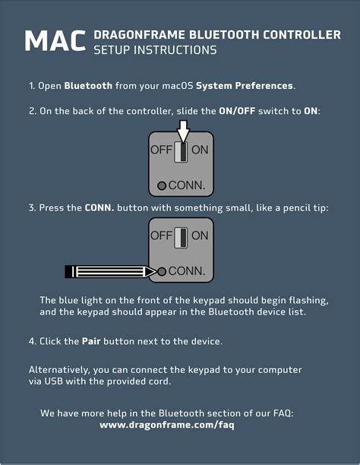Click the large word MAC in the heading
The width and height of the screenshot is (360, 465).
point(55,41)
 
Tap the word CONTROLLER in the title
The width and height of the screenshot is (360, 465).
point(302,35)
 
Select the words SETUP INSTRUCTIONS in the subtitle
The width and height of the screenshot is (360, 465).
point(155,50)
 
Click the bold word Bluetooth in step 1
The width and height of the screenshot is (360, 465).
point(88,86)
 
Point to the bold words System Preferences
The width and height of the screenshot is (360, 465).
point(245,86)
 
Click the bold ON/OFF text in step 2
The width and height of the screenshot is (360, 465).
point(237,111)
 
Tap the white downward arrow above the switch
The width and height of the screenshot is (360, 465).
point(184,131)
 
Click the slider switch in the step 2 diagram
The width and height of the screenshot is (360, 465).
point(181,152)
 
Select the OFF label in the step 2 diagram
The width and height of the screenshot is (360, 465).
point(161,150)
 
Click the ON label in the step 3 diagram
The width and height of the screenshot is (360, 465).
point(200,236)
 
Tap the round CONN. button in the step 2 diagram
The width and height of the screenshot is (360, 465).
point(162,186)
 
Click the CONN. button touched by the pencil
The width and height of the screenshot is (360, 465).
point(162,272)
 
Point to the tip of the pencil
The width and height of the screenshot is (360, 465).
point(156,272)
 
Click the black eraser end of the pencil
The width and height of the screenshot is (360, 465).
point(68,272)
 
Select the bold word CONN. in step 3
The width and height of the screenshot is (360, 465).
point(99,208)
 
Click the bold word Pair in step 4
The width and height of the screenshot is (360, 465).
point(91,341)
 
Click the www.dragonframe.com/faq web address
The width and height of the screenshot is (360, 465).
point(167,425)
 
